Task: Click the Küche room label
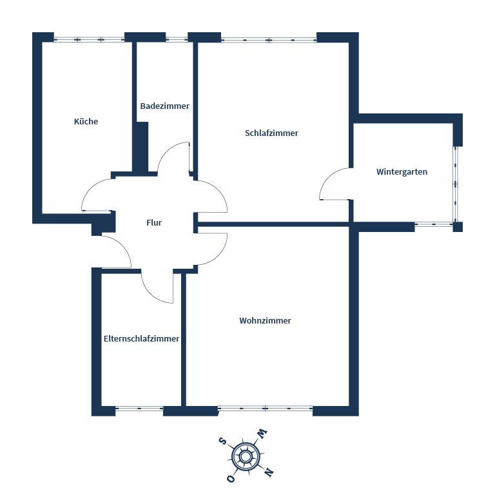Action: pyautogui.click(x=86, y=121)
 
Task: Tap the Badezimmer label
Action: pyautogui.click(x=165, y=106)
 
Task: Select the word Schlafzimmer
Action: pyautogui.click(x=271, y=133)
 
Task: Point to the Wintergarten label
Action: pyautogui.click(x=402, y=171)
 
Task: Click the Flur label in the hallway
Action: pyautogui.click(x=154, y=222)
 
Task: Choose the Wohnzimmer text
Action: pyautogui.click(x=265, y=321)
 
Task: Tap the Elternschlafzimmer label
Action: pyautogui.click(x=141, y=339)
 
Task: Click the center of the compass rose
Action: pyautogui.click(x=246, y=456)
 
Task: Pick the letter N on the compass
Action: pyautogui.click(x=269, y=472)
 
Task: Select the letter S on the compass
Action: pyautogui.click(x=223, y=441)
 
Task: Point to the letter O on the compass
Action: pyautogui.click(x=231, y=479)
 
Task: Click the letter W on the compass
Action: pyautogui.click(x=262, y=433)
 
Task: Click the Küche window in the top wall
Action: pyautogui.click(x=90, y=39)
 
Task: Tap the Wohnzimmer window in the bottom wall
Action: pyautogui.click(x=265, y=409)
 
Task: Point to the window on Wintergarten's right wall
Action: pyautogui.click(x=455, y=184)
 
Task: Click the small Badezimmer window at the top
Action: pyautogui.click(x=177, y=39)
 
